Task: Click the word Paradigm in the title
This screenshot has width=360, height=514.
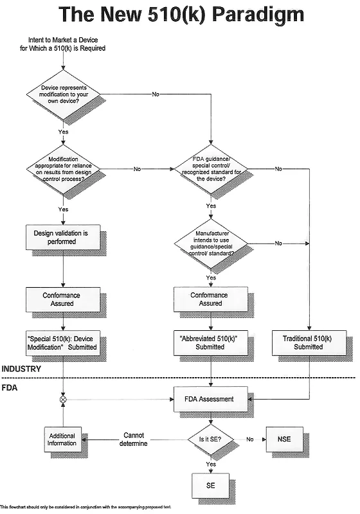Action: coord(258,15)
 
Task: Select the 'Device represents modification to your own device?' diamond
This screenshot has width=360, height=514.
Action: coord(63,94)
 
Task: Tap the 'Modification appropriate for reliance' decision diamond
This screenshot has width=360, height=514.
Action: coord(63,169)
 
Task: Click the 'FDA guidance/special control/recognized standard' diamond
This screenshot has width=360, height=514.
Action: coord(211,169)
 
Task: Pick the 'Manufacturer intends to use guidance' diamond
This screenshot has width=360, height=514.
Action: coord(211,244)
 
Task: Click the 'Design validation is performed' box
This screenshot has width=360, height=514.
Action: coord(63,237)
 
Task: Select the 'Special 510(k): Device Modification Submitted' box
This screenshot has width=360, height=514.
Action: coord(63,343)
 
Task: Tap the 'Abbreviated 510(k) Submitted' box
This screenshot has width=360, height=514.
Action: coord(211,343)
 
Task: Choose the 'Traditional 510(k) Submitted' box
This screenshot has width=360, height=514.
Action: coord(309,343)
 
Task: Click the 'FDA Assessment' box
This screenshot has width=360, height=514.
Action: coord(211,399)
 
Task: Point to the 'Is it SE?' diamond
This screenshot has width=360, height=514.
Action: coord(211,439)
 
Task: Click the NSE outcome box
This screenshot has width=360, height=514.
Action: coord(284,439)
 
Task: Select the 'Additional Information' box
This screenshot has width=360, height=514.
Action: coord(62,439)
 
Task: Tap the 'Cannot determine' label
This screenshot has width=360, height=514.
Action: coord(134,439)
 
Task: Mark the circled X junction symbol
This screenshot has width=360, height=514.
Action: coord(63,399)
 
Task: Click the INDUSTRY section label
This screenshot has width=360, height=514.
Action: coord(21,369)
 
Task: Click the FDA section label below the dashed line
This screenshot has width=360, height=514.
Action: coord(9,388)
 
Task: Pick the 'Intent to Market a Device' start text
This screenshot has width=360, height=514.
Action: coord(62,44)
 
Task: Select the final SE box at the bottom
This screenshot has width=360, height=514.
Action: coord(211,486)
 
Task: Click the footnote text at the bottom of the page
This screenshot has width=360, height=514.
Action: coord(86,507)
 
